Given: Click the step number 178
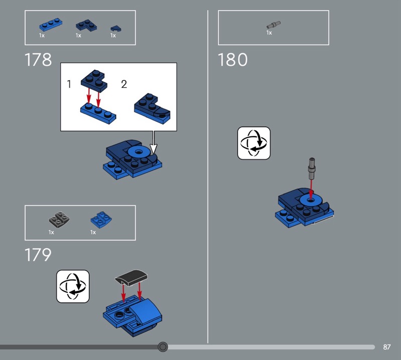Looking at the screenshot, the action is [38, 60].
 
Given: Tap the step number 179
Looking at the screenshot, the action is [38, 255].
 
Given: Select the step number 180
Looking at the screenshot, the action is [233, 60].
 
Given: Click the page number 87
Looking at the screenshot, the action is [386, 347].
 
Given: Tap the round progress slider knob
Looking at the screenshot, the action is [162, 347].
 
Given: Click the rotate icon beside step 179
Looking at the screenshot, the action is [73, 286].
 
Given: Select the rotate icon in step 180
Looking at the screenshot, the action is [254, 143].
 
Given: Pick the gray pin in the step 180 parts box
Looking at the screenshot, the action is [273, 25].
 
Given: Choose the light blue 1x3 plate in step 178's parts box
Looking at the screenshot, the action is [51, 25].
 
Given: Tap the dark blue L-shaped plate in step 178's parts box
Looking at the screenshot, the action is [86, 26].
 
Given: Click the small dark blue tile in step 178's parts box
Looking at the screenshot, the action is [116, 29].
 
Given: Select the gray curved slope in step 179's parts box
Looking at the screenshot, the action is [59, 220].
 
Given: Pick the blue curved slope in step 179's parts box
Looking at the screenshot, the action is [101, 220].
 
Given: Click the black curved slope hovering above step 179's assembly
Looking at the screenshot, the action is [131, 277].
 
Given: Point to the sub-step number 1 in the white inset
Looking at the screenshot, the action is [69, 84].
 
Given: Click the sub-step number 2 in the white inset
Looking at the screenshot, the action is [124, 84].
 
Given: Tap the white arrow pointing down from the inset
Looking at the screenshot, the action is [153, 142].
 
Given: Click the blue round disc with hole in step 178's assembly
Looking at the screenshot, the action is [139, 152].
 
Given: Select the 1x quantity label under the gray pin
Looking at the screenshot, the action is [269, 33].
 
